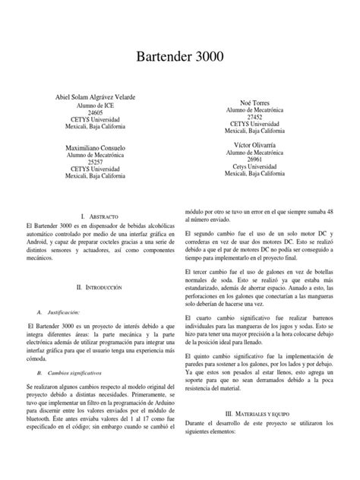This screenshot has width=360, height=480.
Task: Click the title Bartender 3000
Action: [x=180, y=58]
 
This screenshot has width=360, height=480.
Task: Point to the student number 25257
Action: [x=96, y=162]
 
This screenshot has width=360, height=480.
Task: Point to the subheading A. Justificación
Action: [x=63, y=291]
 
